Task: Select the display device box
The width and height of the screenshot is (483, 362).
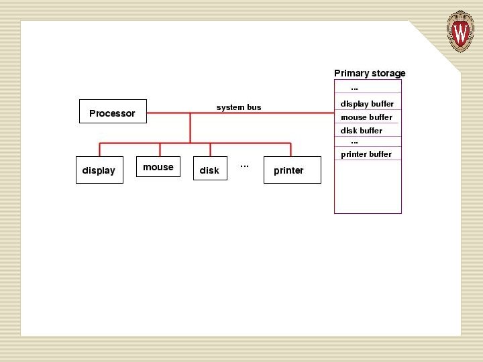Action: click(99, 170)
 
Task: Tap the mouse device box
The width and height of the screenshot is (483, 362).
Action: click(158, 167)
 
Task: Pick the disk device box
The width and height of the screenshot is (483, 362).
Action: click(209, 170)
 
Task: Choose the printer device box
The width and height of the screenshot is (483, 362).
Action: click(292, 170)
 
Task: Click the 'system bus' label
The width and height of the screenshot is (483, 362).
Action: click(239, 107)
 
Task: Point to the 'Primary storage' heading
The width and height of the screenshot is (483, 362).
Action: click(370, 73)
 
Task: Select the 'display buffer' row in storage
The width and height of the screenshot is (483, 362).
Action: click(367, 104)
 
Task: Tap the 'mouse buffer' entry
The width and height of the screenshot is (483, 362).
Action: click(366, 117)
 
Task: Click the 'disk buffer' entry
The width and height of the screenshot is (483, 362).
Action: click(362, 131)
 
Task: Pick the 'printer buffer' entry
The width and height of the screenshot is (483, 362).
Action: click(366, 154)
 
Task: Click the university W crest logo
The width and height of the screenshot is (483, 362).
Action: click(461, 31)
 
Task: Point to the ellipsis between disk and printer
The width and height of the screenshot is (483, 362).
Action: click(245, 165)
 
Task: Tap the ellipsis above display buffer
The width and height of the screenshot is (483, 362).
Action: click(355, 88)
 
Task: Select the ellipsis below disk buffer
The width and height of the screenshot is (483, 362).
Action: click(355, 141)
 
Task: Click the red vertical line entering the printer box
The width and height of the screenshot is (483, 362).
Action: click(290, 149)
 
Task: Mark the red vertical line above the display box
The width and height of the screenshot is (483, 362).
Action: click(99, 149)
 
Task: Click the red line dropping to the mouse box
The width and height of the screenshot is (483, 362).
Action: click(159, 149)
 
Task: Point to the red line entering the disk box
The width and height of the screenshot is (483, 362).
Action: click(210, 149)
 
